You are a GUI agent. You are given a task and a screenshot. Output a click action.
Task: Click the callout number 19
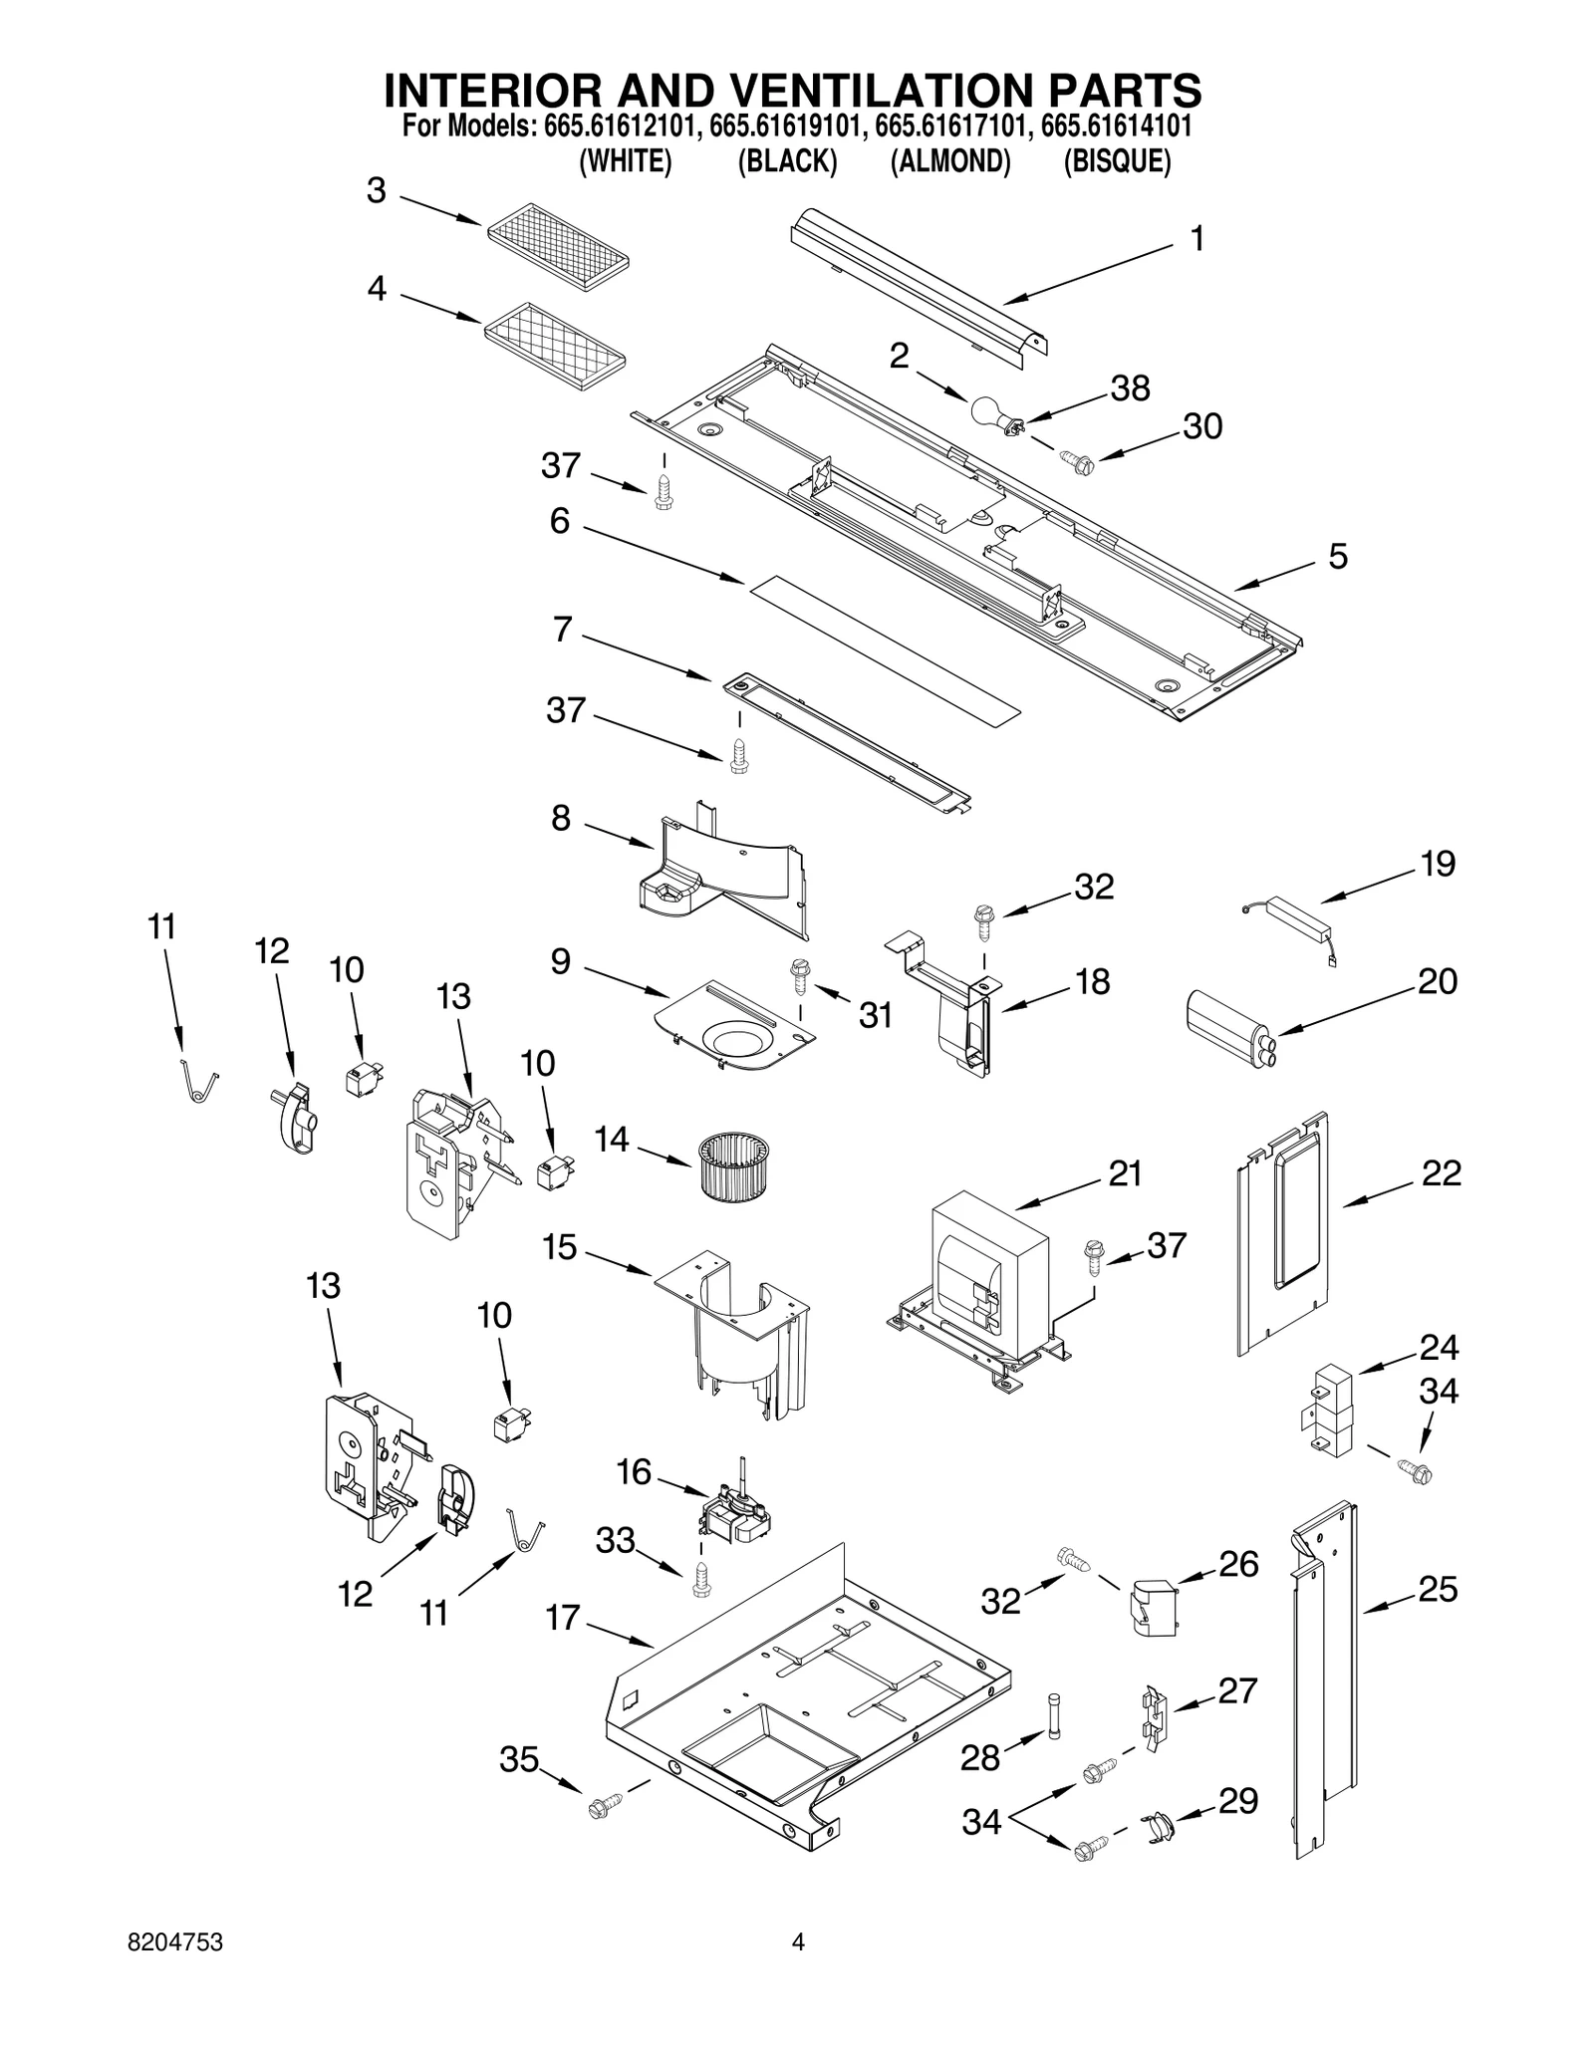[1438, 864]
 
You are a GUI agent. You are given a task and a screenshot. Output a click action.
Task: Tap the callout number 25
[1438, 1589]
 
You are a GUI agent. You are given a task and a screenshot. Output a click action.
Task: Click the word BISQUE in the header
[1117, 160]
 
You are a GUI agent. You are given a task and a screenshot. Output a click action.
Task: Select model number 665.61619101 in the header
[787, 127]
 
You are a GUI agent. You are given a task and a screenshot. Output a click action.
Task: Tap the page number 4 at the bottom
[797, 1941]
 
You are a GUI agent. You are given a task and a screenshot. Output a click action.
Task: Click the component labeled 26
[1153, 1608]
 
